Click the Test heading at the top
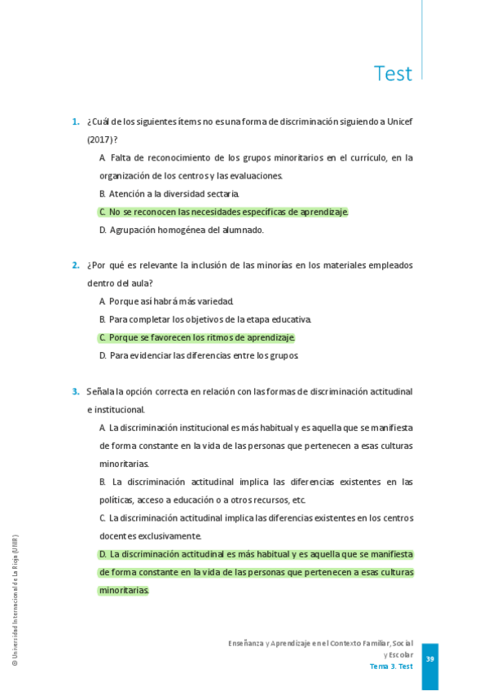(x=393, y=73)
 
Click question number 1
(x=75, y=122)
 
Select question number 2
(x=75, y=265)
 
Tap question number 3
(x=75, y=391)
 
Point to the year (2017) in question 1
(x=99, y=140)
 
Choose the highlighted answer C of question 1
(x=223, y=212)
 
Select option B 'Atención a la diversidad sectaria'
(x=169, y=194)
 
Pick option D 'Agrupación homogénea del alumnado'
(x=182, y=230)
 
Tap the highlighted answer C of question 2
(x=197, y=337)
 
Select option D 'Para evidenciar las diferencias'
(x=199, y=355)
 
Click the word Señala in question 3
(x=99, y=391)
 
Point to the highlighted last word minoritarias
(x=124, y=590)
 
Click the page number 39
(x=430, y=659)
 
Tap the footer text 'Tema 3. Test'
(x=391, y=667)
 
